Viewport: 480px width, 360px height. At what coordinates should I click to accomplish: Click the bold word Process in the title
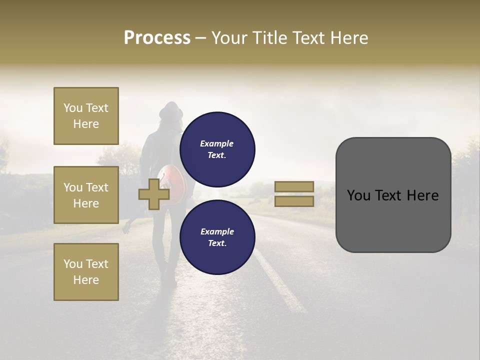pos(157,38)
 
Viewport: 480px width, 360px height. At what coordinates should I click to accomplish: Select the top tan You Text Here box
pos(86,116)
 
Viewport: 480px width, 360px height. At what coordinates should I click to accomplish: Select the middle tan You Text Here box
pos(86,195)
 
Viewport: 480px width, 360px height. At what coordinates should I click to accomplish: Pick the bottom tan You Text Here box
pos(86,272)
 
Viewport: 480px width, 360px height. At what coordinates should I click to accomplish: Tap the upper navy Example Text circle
pos(217,149)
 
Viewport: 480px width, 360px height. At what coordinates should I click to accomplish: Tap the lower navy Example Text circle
pos(217,237)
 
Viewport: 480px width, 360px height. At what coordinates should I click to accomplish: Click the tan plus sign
pos(154,194)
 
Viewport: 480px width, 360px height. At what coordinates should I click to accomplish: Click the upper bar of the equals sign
pos(294,186)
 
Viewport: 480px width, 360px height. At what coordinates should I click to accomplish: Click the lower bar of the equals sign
pos(294,201)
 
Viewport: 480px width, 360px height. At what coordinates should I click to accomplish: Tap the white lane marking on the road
pos(280,285)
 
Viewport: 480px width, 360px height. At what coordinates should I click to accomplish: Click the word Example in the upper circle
pos(216,143)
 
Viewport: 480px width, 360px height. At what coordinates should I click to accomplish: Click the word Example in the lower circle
pos(217,231)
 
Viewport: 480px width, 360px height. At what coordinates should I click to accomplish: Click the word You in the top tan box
pos(73,108)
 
